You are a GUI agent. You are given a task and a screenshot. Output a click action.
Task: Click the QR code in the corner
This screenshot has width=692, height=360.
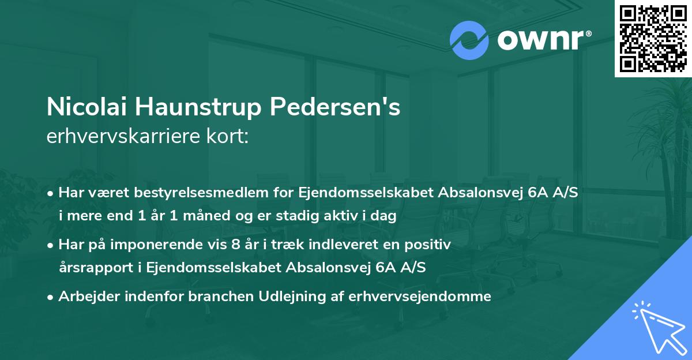click(653, 38)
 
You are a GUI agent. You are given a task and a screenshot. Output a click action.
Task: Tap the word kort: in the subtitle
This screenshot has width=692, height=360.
click(228, 137)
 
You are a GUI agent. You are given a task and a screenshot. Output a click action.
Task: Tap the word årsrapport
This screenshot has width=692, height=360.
click(91, 267)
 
